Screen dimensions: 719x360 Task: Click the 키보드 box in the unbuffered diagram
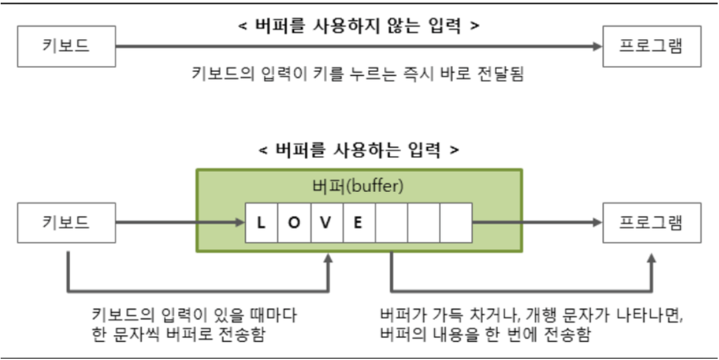tap(66, 47)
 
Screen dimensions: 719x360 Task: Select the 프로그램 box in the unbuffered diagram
tap(652, 47)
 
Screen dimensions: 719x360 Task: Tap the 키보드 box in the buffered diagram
tap(66, 222)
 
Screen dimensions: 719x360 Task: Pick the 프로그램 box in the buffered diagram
tap(652, 222)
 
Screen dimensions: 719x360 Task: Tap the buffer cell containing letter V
tap(326, 222)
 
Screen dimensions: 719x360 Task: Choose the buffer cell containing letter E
tap(358, 222)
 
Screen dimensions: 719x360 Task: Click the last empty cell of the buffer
tap(456, 222)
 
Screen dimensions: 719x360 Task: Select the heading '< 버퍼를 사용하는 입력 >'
tap(359, 150)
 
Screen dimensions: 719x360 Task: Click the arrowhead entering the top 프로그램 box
tap(596, 47)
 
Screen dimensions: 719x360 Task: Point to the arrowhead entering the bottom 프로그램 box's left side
tap(596, 222)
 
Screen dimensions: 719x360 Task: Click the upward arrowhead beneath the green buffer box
tap(327, 259)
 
